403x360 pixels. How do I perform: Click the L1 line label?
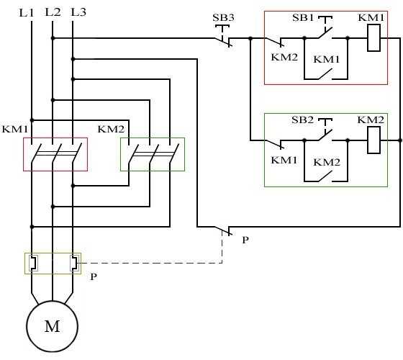coord(27,12)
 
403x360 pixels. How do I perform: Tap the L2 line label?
coord(53,12)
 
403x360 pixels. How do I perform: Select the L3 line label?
coord(78,12)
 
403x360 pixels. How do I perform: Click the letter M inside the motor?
coord(53,326)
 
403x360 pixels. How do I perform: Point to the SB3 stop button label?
coord(223,17)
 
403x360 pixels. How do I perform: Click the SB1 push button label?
coord(303,17)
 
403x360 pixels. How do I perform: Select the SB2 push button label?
coord(302,120)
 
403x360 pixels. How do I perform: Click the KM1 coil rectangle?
coord(373,37)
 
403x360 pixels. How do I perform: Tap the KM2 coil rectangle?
coord(373,140)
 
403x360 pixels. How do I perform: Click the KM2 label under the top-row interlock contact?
coord(284,57)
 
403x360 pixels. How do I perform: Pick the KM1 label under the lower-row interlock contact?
coord(284,160)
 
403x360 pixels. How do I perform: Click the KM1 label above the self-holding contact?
coord(327,59)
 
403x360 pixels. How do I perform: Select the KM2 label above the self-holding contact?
coord(327,162)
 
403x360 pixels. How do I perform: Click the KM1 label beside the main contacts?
coord(14,129)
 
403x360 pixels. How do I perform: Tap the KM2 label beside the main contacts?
coord(111,129)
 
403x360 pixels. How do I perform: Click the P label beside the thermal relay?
coord(94,276)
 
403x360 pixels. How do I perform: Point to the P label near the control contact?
coord(245,240)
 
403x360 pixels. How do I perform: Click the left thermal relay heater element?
coord(33,264)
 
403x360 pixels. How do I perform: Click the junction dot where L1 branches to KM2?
coord(32,120)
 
